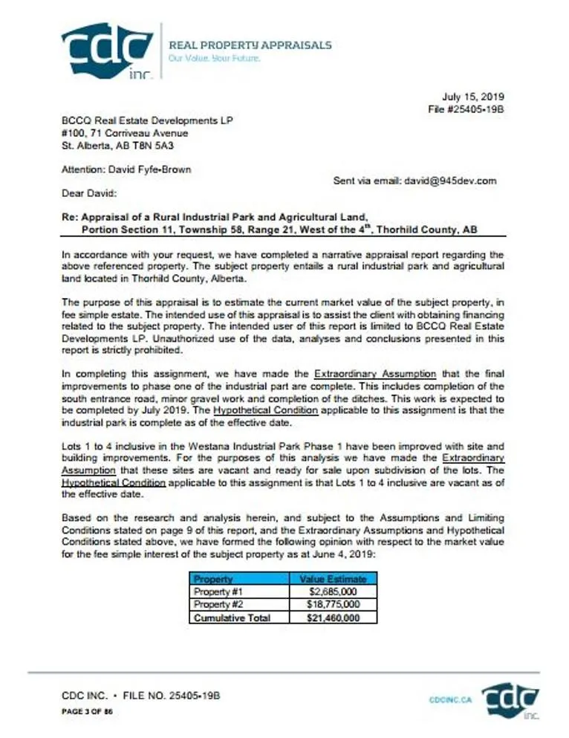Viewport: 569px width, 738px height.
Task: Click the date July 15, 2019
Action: pos(473,97)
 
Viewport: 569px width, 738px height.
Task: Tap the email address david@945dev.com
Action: pos(451,181)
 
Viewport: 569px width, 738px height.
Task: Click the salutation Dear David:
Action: pos(89,194)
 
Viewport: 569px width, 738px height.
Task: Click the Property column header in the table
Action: pos(214,579)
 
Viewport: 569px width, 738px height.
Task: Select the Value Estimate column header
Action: pos(332,579)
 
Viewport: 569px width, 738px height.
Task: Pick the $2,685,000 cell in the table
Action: pos(332,592)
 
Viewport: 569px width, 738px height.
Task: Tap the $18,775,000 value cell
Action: pos(332,604)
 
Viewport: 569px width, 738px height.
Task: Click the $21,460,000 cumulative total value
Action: pos(332,618)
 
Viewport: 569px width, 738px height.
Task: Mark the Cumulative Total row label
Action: pos(231,618)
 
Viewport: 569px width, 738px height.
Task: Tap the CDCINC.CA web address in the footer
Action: pos(450,699)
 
